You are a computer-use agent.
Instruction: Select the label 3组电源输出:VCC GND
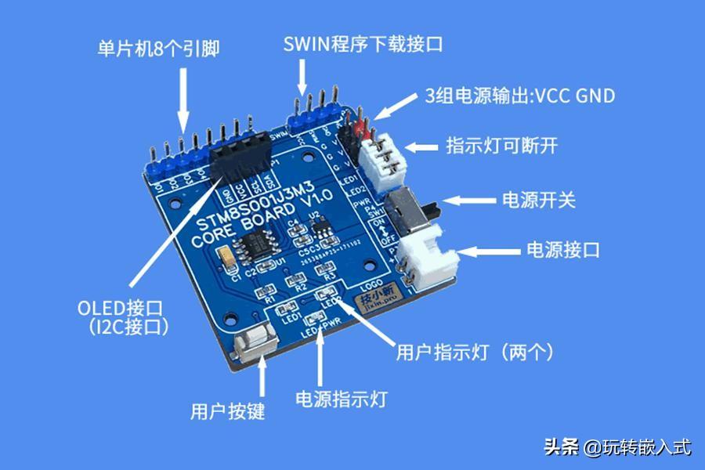[x=519, y=96]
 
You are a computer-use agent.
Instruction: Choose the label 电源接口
[x=562, y=251]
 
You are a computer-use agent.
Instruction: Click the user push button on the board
[x=257, y=345]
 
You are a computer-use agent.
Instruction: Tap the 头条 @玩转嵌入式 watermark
[x=618, y=447]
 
